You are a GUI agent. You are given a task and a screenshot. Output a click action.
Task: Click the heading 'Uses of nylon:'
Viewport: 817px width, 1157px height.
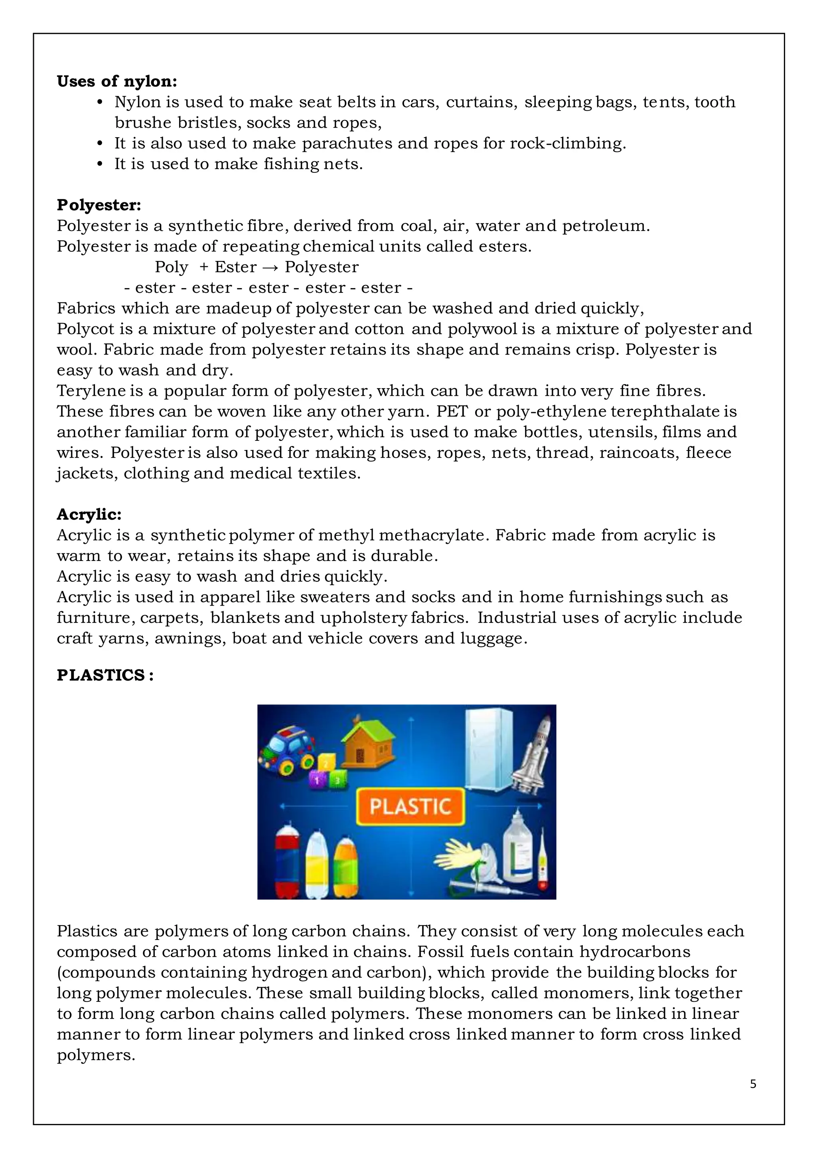(116, 81)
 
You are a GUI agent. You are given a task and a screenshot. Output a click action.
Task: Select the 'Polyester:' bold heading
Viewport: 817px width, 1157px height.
(99, 205)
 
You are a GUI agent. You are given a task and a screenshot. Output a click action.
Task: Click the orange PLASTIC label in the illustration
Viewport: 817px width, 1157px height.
(410, 806)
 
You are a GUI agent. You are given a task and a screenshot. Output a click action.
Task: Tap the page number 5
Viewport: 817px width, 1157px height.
(753, 1084)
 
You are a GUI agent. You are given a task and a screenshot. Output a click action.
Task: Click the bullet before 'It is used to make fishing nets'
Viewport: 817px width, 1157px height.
(100, 164)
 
